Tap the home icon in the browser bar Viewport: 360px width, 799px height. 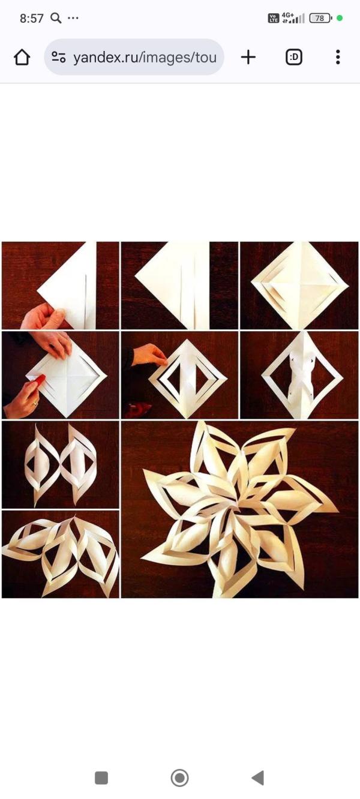coord(22,57)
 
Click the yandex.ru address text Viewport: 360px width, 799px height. coord(145,58)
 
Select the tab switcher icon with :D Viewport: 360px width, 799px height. coord(294,57)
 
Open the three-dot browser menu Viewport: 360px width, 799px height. coord(338,57)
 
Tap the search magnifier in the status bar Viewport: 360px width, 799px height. coord(56,18)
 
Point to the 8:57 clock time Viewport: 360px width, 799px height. coord(31,18)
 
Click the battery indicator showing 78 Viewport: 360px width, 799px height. coord(320,18)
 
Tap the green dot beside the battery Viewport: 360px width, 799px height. coord(340,18)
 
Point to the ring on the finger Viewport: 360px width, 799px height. coord(34,404)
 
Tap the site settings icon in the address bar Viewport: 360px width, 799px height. coord(59,57)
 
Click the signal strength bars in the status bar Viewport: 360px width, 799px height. coord(293,18)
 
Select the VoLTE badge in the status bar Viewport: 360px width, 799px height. coord(274,18)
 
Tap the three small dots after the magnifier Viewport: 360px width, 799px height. coord(73,18)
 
